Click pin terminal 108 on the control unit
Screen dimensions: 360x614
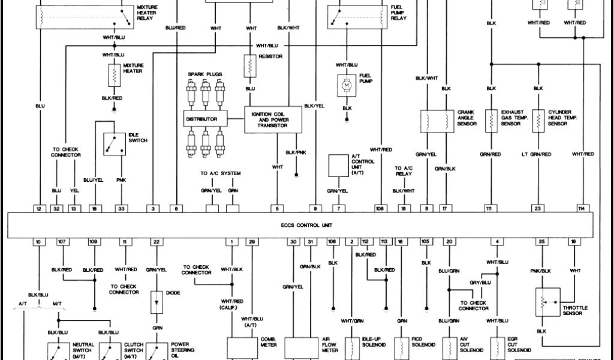[x=380, y=208]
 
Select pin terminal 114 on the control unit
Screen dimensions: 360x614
[x=581, y=208]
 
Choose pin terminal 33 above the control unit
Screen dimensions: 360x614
[x=121, y=208]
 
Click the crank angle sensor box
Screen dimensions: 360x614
[x=436, y=121]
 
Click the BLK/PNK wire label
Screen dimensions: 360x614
[x=296, y=152]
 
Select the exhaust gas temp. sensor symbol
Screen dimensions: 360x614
[x=492, y=121]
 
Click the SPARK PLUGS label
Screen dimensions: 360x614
[x=205, y=74]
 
